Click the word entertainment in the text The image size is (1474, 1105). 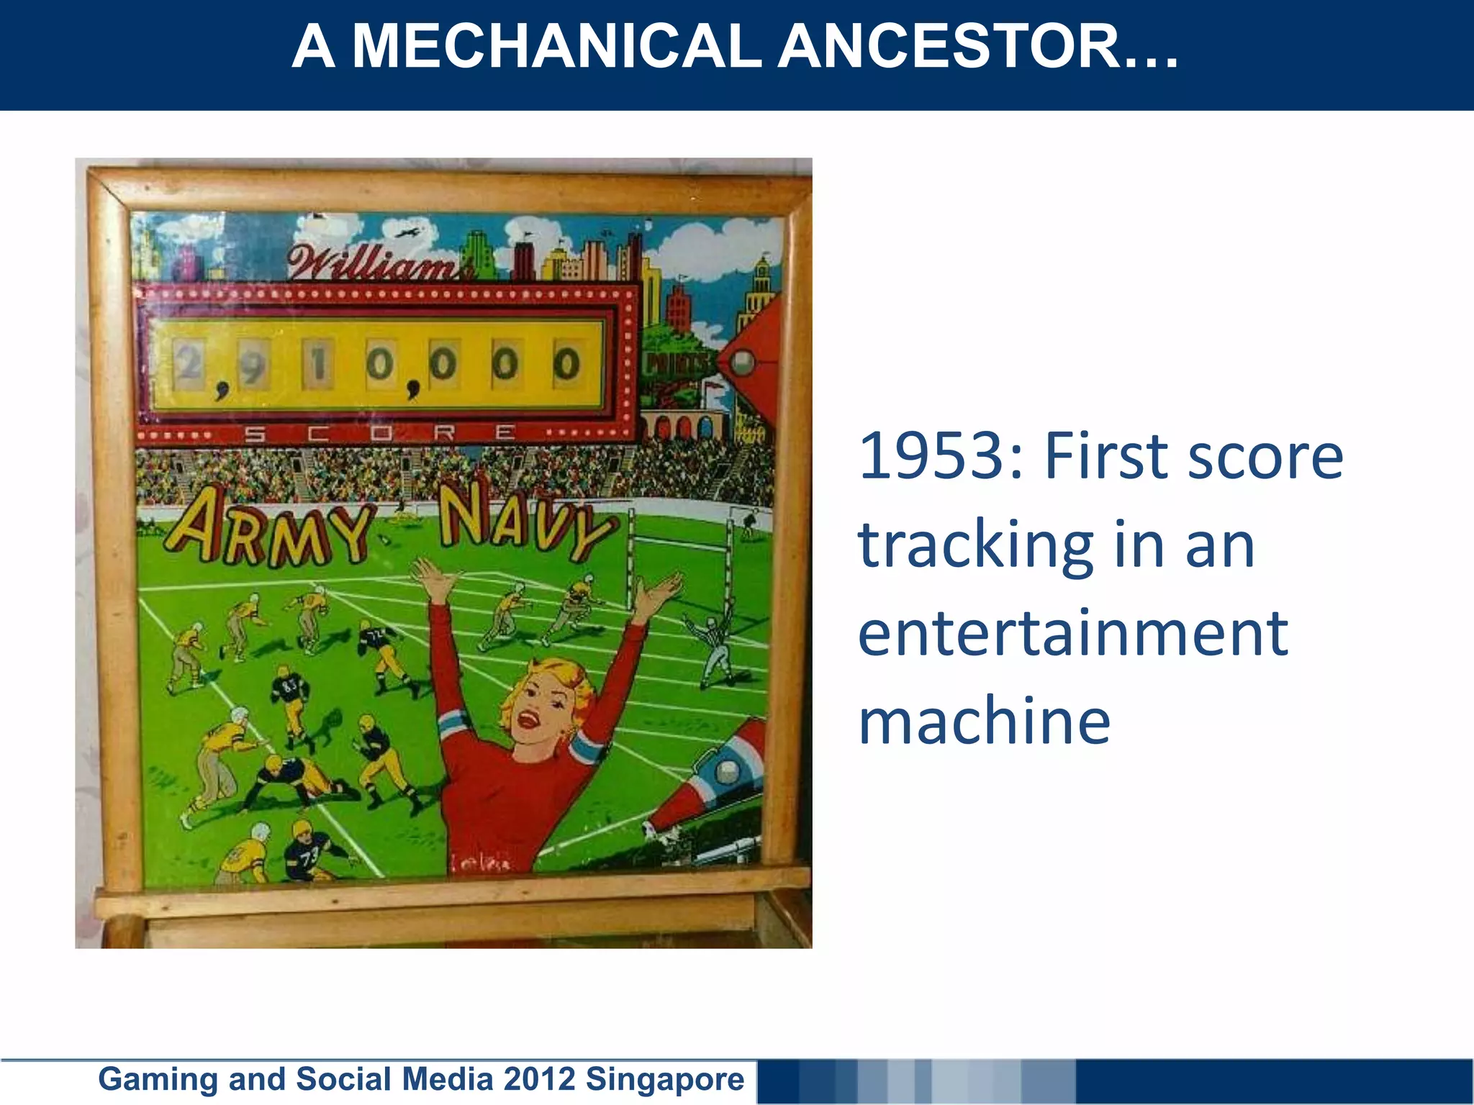coord(1072,633)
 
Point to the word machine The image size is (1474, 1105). coord(984,722)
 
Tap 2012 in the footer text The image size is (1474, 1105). coord(539,1079)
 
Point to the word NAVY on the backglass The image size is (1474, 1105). coord(525,522)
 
